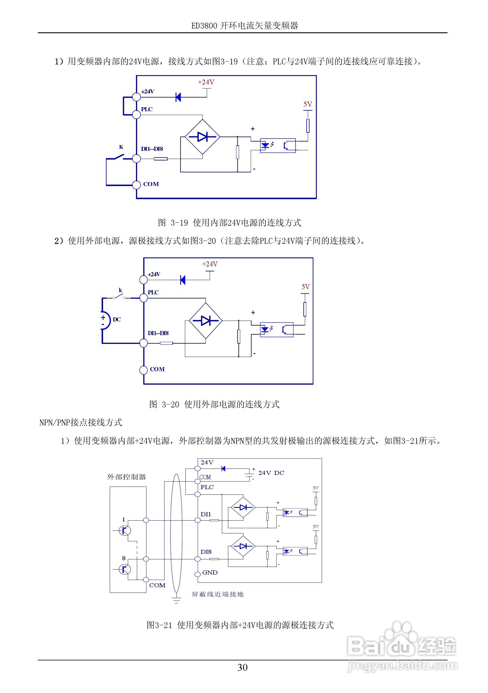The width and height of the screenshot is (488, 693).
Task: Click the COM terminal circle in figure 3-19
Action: (137, 185)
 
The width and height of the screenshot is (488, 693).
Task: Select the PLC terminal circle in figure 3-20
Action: (144, 298)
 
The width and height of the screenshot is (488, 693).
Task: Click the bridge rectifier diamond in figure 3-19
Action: (202, 137)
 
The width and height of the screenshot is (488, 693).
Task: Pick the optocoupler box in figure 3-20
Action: (276, 329)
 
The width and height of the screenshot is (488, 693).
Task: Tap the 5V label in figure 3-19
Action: (307, 105)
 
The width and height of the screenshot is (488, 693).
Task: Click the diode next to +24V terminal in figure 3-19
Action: (178, 97)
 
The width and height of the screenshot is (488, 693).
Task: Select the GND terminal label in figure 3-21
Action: (210, 572)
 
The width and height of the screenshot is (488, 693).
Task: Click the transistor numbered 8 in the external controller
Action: (124, 569)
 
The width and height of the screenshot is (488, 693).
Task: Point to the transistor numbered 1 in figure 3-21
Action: (124, 530)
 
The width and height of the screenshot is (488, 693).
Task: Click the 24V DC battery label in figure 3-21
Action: (271, 473)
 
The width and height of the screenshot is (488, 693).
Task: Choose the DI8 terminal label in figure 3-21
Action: (206, 552)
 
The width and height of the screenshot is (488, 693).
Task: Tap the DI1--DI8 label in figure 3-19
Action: (152, 149)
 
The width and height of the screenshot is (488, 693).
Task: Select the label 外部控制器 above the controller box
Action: (126, 477)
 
